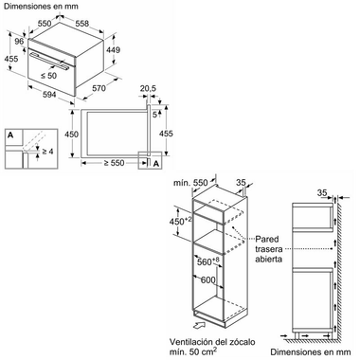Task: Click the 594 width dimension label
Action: (49, 94)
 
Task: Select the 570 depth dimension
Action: (99, 88)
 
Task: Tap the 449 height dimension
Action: (113, 50)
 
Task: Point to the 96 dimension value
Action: (19, 42)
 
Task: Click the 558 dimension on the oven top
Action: (82, 24)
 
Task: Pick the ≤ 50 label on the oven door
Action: (48, 76)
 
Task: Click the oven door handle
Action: (50, 61)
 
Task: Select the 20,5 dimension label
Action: (148, 89)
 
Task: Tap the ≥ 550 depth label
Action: (115, 163)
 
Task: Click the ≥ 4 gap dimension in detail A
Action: (47, 152)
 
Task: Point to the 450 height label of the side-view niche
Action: (72, 135)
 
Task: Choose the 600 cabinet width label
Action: (208, 279)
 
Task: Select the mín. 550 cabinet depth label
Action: (191, 183)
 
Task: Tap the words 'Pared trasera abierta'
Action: (269, 249)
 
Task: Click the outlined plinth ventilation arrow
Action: (198, 325)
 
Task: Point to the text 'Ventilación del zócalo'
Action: (212, 342)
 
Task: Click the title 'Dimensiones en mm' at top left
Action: (41, 6)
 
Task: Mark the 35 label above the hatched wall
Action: (322, 192)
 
